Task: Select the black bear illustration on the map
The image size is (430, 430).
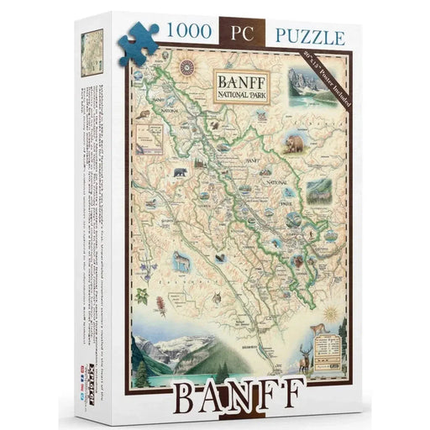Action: pyautogui.click(x=178, y=174)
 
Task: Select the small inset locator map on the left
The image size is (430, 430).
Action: pyautogui.click(x=154, y=134)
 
